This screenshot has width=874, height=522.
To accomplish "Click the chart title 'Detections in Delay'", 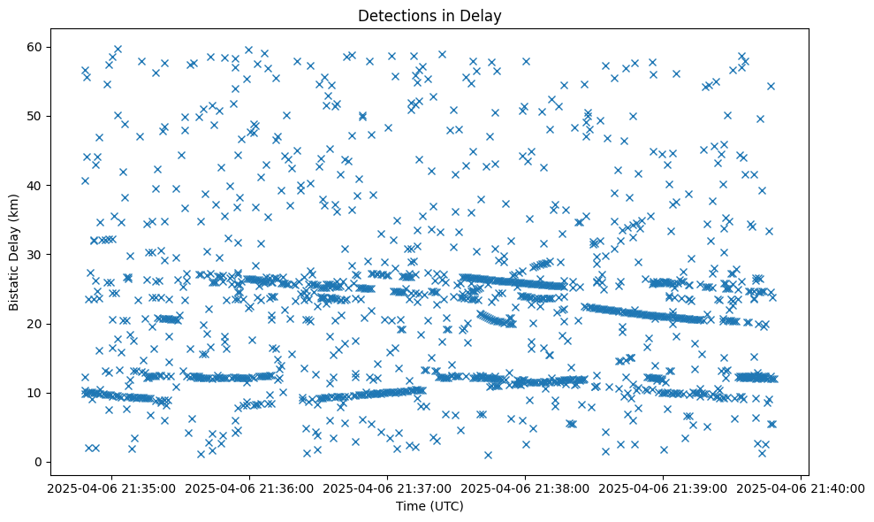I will pyautogui.click(x=429, y=15).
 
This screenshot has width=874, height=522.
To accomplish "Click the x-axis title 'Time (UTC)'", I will pyautogui.click(x=429, y=507).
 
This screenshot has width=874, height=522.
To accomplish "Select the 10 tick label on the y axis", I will pyautogui.click(x=32, y=393).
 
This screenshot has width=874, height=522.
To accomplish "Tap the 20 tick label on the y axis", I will pyautogui.click(x=32, y=324).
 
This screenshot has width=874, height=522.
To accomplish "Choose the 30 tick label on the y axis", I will pyautogui.click(x=32, y=255).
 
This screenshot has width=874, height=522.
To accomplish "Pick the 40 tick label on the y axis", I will pyautogui.click(x=32, y=185).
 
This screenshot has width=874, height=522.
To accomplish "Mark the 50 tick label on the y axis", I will pyautogui.click(x=32, y=116).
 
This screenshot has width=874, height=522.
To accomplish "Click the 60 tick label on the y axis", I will pyautogui.click(x=32, y=47).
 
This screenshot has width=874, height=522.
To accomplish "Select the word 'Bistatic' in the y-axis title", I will pyautogui.click(x=15, y=286).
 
